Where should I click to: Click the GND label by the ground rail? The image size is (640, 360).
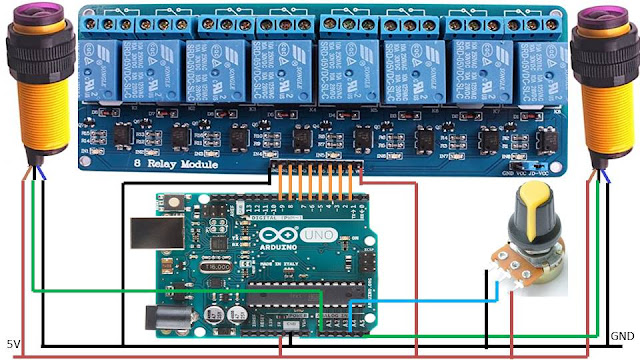(x=622, y=334)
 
